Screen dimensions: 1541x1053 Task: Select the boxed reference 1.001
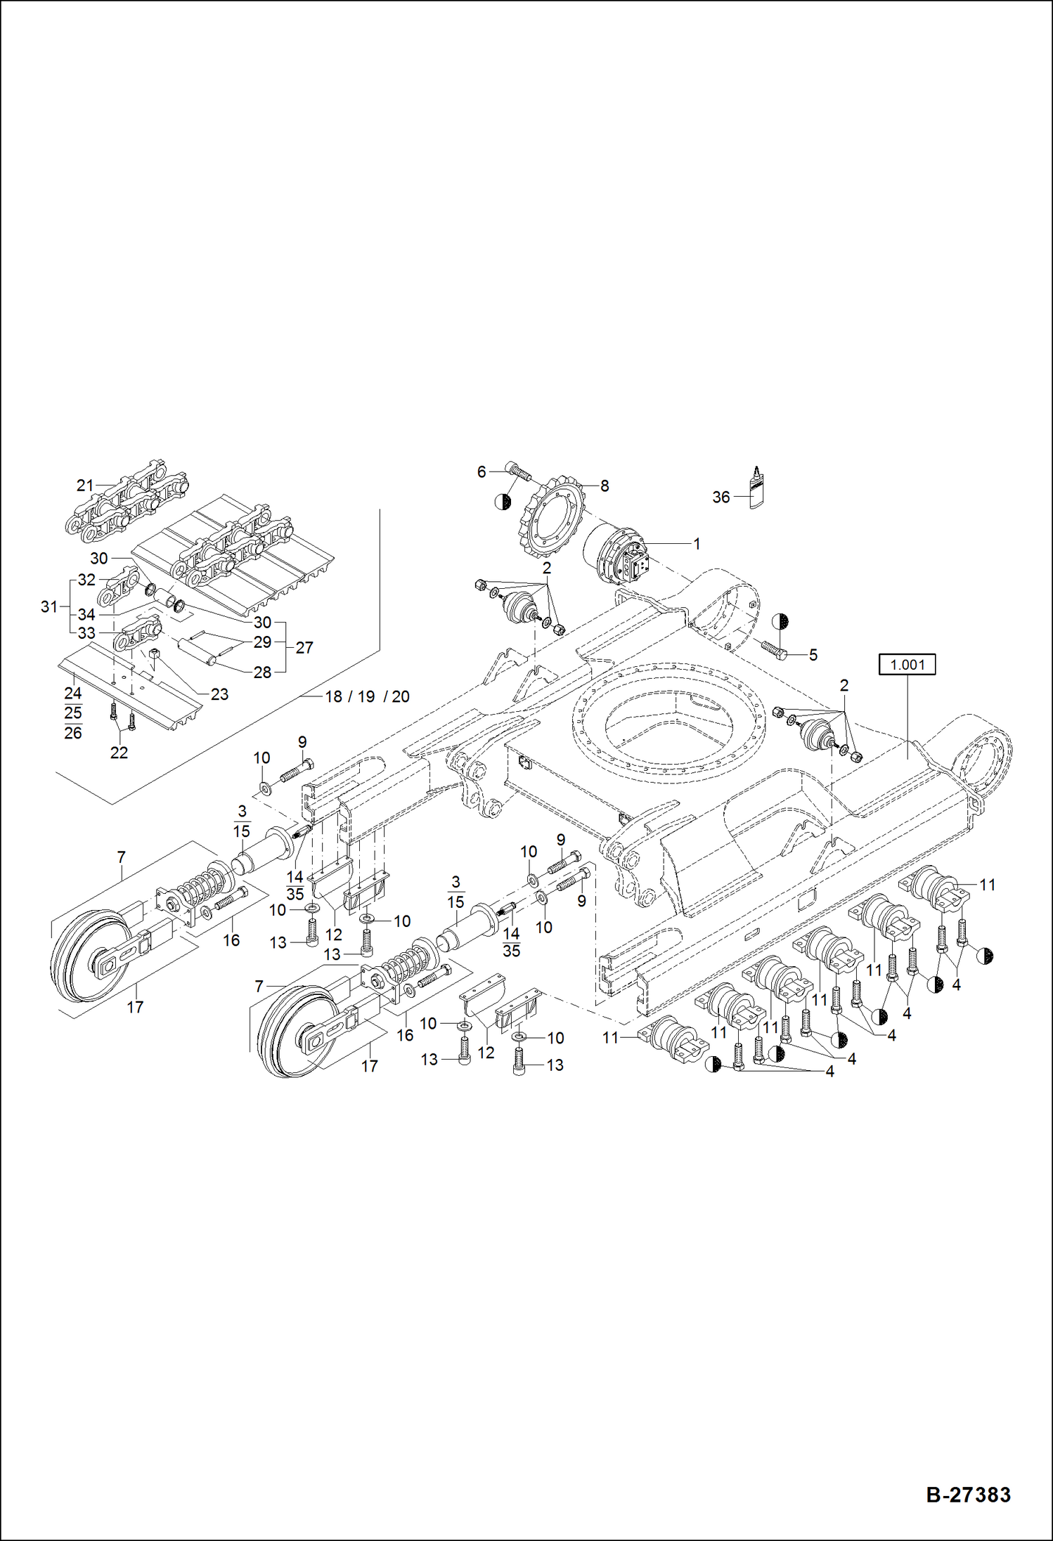[907, 664]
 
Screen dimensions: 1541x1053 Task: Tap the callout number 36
[721, 497]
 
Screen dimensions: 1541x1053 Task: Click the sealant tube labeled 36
[756, 489]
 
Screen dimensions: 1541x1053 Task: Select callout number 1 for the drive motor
[697, 543]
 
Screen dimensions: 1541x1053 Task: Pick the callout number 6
[482, 472]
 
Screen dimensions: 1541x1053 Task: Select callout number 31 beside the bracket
[49, 606]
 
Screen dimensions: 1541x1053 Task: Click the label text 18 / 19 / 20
[367, 696]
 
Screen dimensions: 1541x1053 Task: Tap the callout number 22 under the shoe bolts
[119, 753]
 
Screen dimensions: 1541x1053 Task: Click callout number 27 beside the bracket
[304, 647]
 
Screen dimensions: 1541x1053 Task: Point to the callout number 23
[219, 694]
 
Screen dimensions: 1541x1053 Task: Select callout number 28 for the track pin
[262, 672]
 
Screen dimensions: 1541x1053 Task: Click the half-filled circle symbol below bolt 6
[503, 501]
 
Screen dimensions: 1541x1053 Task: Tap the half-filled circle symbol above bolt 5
[780, 622]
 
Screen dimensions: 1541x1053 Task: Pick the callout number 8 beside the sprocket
[605, 486]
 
